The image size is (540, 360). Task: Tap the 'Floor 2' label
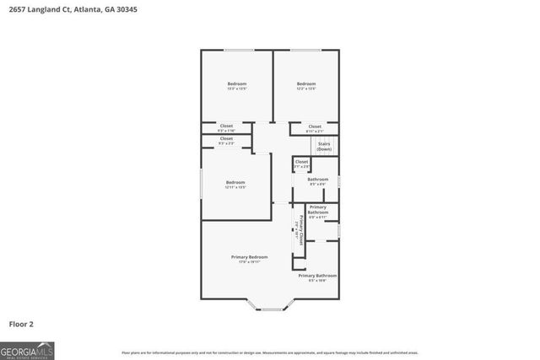tap(22, 323)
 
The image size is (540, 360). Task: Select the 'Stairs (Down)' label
tap(324, 146)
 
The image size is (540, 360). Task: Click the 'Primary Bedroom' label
tap(249, 256)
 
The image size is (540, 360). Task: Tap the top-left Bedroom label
tap(236, 83)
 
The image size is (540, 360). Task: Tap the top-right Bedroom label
tap(305, 83)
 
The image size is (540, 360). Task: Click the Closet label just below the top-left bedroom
tap(226, 126)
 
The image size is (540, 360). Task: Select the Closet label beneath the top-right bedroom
tap(314, 126)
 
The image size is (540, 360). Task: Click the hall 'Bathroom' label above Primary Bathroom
tap(317, 179)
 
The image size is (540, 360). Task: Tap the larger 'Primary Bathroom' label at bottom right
tap(317, 276)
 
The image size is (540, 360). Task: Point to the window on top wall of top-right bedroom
tap(305, 51)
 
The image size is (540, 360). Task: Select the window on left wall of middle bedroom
tap(201, 183)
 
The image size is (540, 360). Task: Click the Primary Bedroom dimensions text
tap(249, 262)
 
